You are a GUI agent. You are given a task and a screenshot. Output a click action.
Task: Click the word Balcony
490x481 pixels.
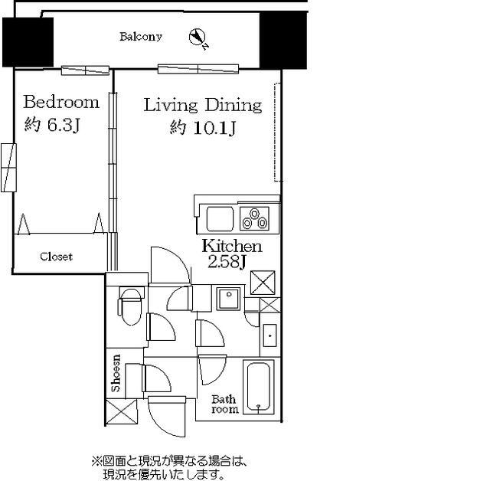click(141, 37)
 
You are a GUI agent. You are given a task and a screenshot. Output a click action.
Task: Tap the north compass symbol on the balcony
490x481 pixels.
click(198, 37)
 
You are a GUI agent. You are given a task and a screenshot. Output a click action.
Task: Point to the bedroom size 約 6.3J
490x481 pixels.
click(51, 126)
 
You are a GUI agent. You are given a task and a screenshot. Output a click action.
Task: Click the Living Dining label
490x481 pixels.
click(203, 105)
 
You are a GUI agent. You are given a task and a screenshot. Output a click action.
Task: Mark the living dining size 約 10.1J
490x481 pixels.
click(202, 128)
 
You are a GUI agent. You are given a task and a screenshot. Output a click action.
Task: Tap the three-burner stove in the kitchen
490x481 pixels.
click(254, 218)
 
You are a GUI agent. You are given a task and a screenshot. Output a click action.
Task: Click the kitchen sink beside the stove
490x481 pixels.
click(219, 218)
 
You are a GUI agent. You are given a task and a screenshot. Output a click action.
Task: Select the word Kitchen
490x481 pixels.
click(231, 247)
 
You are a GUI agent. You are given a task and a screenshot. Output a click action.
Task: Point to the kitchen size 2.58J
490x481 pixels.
click(227, 263)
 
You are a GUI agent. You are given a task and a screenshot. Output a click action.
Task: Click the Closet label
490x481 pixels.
click(56, 257)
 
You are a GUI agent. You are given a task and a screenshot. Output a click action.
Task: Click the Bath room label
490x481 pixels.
click(224, 404)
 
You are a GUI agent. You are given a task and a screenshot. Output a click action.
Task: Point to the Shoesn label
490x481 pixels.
click(117, 373)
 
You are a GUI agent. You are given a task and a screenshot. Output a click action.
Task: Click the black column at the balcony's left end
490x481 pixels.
click(28, 42)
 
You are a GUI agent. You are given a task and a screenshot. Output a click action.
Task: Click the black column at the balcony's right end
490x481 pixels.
click(283, 40)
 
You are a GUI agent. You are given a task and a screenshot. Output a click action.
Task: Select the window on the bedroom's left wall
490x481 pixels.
click(8, 167)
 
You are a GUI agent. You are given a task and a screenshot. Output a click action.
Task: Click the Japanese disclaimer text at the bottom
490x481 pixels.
click(170, 468)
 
